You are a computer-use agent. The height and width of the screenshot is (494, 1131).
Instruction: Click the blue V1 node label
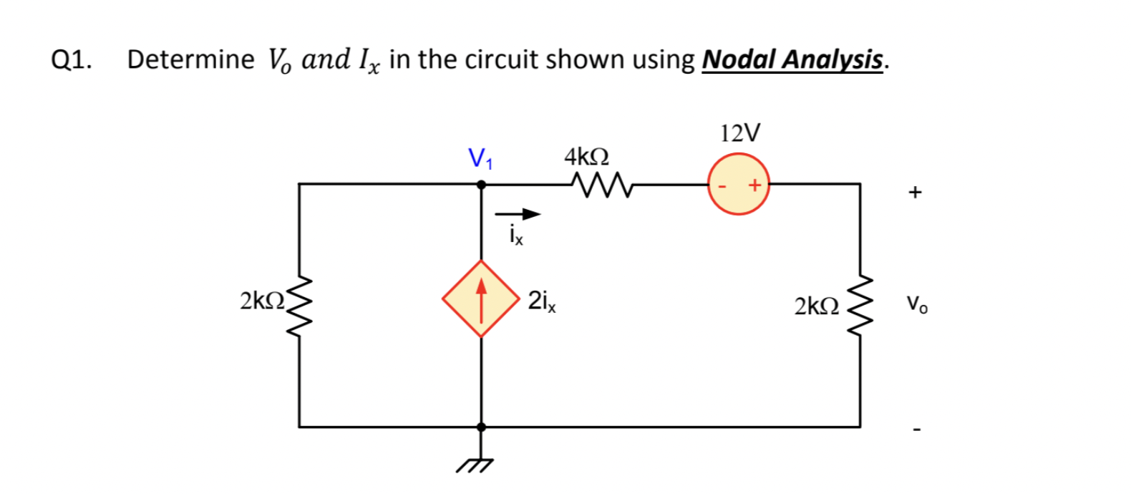pyautogui.click(x=480, y=158)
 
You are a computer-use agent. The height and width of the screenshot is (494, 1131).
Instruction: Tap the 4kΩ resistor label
pyautogui.click(x=586, y=155)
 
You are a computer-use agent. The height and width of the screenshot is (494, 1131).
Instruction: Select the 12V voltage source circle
pyautogui.click(x=739, y=184)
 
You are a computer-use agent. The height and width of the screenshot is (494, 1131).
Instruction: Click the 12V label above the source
pyautogui.click(x=740, y=133)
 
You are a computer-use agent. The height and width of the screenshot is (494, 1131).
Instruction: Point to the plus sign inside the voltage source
pyautogui.click(x=754, y=185)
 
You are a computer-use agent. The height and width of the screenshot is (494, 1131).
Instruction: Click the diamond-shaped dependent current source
pyautogui.click(x=481, y=299)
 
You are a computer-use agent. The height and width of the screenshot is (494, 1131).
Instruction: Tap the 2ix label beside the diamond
pyautogui.click(x=542, y=301)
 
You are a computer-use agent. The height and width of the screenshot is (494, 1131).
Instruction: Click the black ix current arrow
pyautogui.click(x=518, y=213)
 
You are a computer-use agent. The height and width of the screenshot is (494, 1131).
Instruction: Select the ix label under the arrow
pyautogui.click(x=516, y=234)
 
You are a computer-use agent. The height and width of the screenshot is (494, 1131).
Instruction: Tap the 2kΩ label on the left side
pyautogui.click(x=262, y=301)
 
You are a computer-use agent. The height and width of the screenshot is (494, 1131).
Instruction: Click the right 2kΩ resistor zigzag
pyautogui.click(x=861, y=309)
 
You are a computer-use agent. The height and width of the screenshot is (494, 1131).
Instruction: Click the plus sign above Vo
pyautogui.click(x=914, y=192)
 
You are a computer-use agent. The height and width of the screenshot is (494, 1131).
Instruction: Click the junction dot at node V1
pyautogui.click(x=481, y=184)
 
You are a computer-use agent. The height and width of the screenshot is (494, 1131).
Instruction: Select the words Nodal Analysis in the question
pyautogui.click(x=792, y=59)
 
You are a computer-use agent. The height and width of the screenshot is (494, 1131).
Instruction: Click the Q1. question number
pyautogui.click(x=72, y=60)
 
